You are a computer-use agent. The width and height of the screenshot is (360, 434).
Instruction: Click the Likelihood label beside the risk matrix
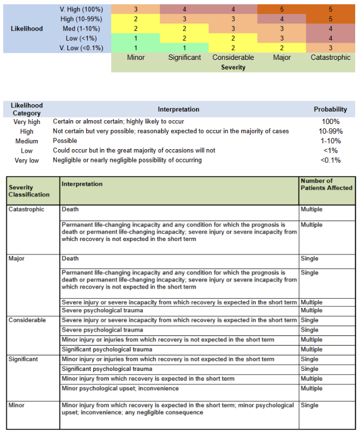tap(27, 28)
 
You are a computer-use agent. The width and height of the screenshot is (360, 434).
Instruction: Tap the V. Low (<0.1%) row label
tap(82, 48)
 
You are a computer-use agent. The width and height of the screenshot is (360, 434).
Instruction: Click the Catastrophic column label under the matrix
tap(331, 57)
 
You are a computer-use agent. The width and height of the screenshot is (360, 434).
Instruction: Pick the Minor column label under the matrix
tap(136, 57)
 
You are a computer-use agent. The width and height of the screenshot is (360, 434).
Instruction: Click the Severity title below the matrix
tap(233, 67)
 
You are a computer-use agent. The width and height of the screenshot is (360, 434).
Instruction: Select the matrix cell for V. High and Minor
tap(136, 10)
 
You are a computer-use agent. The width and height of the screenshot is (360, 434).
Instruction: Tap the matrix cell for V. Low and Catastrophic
tap(331, 48)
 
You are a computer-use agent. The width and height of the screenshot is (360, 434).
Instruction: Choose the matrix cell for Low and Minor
tap(136, 38)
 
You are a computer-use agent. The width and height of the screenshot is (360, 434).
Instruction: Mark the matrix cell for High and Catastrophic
tap(331, 19)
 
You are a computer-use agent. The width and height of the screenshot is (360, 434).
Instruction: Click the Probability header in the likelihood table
tap(330, 109)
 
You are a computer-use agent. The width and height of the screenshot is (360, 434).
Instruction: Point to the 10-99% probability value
tap(330, 131)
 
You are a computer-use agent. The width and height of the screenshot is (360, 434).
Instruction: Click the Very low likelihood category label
tap(27, 160)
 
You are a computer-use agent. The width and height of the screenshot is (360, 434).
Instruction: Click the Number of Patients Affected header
tap(326, 184)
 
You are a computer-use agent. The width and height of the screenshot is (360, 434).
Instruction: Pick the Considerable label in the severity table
tap(27, 320)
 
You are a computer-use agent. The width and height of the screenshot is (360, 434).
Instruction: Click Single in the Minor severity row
tap(309, 406)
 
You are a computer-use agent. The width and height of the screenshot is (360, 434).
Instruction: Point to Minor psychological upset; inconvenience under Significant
tap(120, 389)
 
